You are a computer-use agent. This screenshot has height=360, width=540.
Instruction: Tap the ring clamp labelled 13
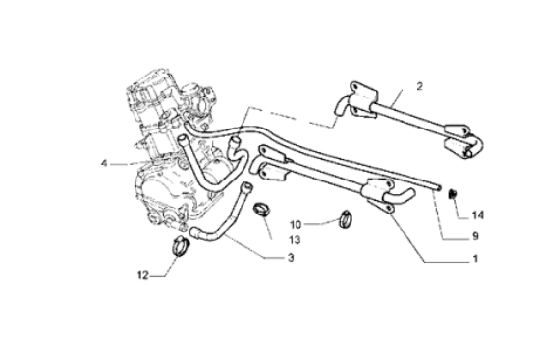click(x=263, y=209)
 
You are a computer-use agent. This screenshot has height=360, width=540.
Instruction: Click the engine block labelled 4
click(x=167, y=147)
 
